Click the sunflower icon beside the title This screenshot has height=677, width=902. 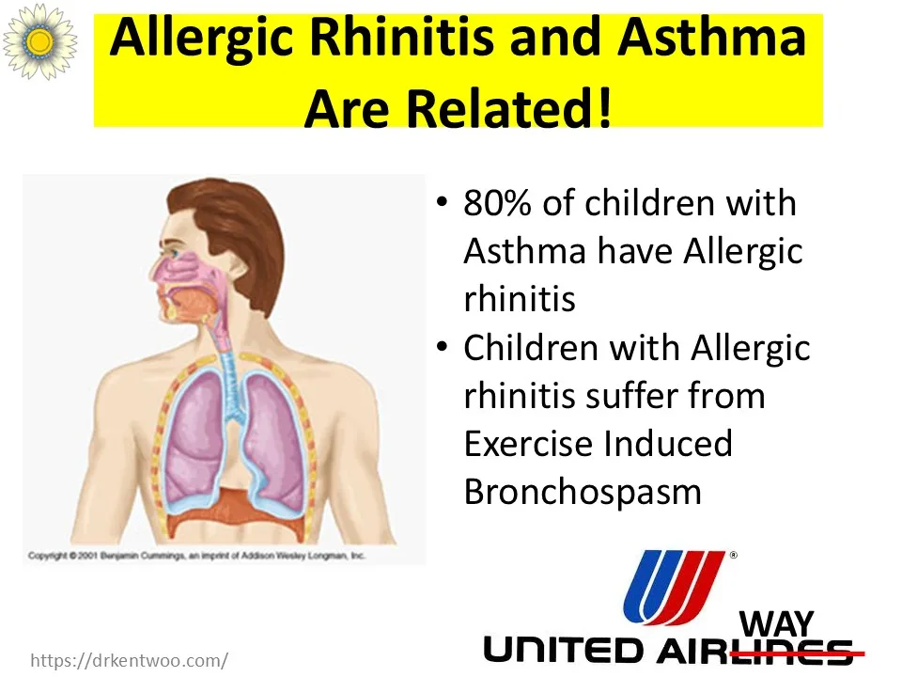click(39, 40)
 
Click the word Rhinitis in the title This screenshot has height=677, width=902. click(401, 38)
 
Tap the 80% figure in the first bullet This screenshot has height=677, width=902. click(498, 203)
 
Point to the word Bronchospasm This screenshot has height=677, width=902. click(583, 492)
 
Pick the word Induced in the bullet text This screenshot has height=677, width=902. click(667, 443)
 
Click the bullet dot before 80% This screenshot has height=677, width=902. click(442, 203)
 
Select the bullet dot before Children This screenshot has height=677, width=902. click(442, 347)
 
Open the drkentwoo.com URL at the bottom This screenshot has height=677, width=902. click(129, 660)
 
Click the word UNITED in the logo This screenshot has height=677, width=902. click(563, 650)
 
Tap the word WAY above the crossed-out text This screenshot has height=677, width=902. click(777, 623)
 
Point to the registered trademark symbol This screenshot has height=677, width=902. click(734, 556)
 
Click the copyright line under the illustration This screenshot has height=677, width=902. click(196, 556)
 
